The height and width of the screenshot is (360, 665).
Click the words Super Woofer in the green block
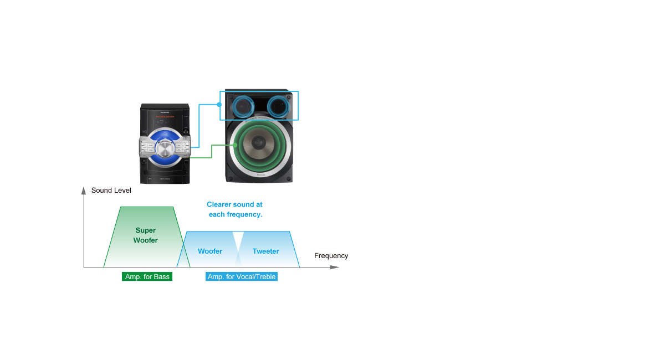pyautogui.click(x=145, y=235)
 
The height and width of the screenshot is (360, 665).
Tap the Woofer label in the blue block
pyautogui.click(x=210, y=251)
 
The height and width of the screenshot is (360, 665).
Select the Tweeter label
pyautogui.click(x=265, y=251)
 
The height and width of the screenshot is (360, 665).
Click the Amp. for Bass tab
pyautogui.click(x=147, y=276)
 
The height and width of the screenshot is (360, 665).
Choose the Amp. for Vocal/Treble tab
pyautogui.click(x=241, y=276)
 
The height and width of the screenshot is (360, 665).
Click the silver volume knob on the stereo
pyautogui.click(x=165, y=149)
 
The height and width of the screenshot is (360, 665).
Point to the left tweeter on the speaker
pyautogui.click(x=242, y=105)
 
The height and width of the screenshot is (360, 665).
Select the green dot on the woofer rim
pyautogui.click(x=236, y=145)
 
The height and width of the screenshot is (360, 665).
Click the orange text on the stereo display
pyautogui.click(x=165, y=117)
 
